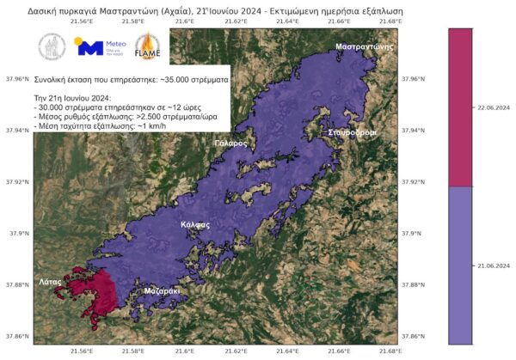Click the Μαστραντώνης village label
point(359,46)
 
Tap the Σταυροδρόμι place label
point(352,133)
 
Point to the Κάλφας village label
point(195,224)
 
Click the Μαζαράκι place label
point(162,290)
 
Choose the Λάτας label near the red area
point(50,281)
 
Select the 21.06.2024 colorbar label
point(493,266)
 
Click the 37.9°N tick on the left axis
point(17,233)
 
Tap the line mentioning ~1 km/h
point(87,126)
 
